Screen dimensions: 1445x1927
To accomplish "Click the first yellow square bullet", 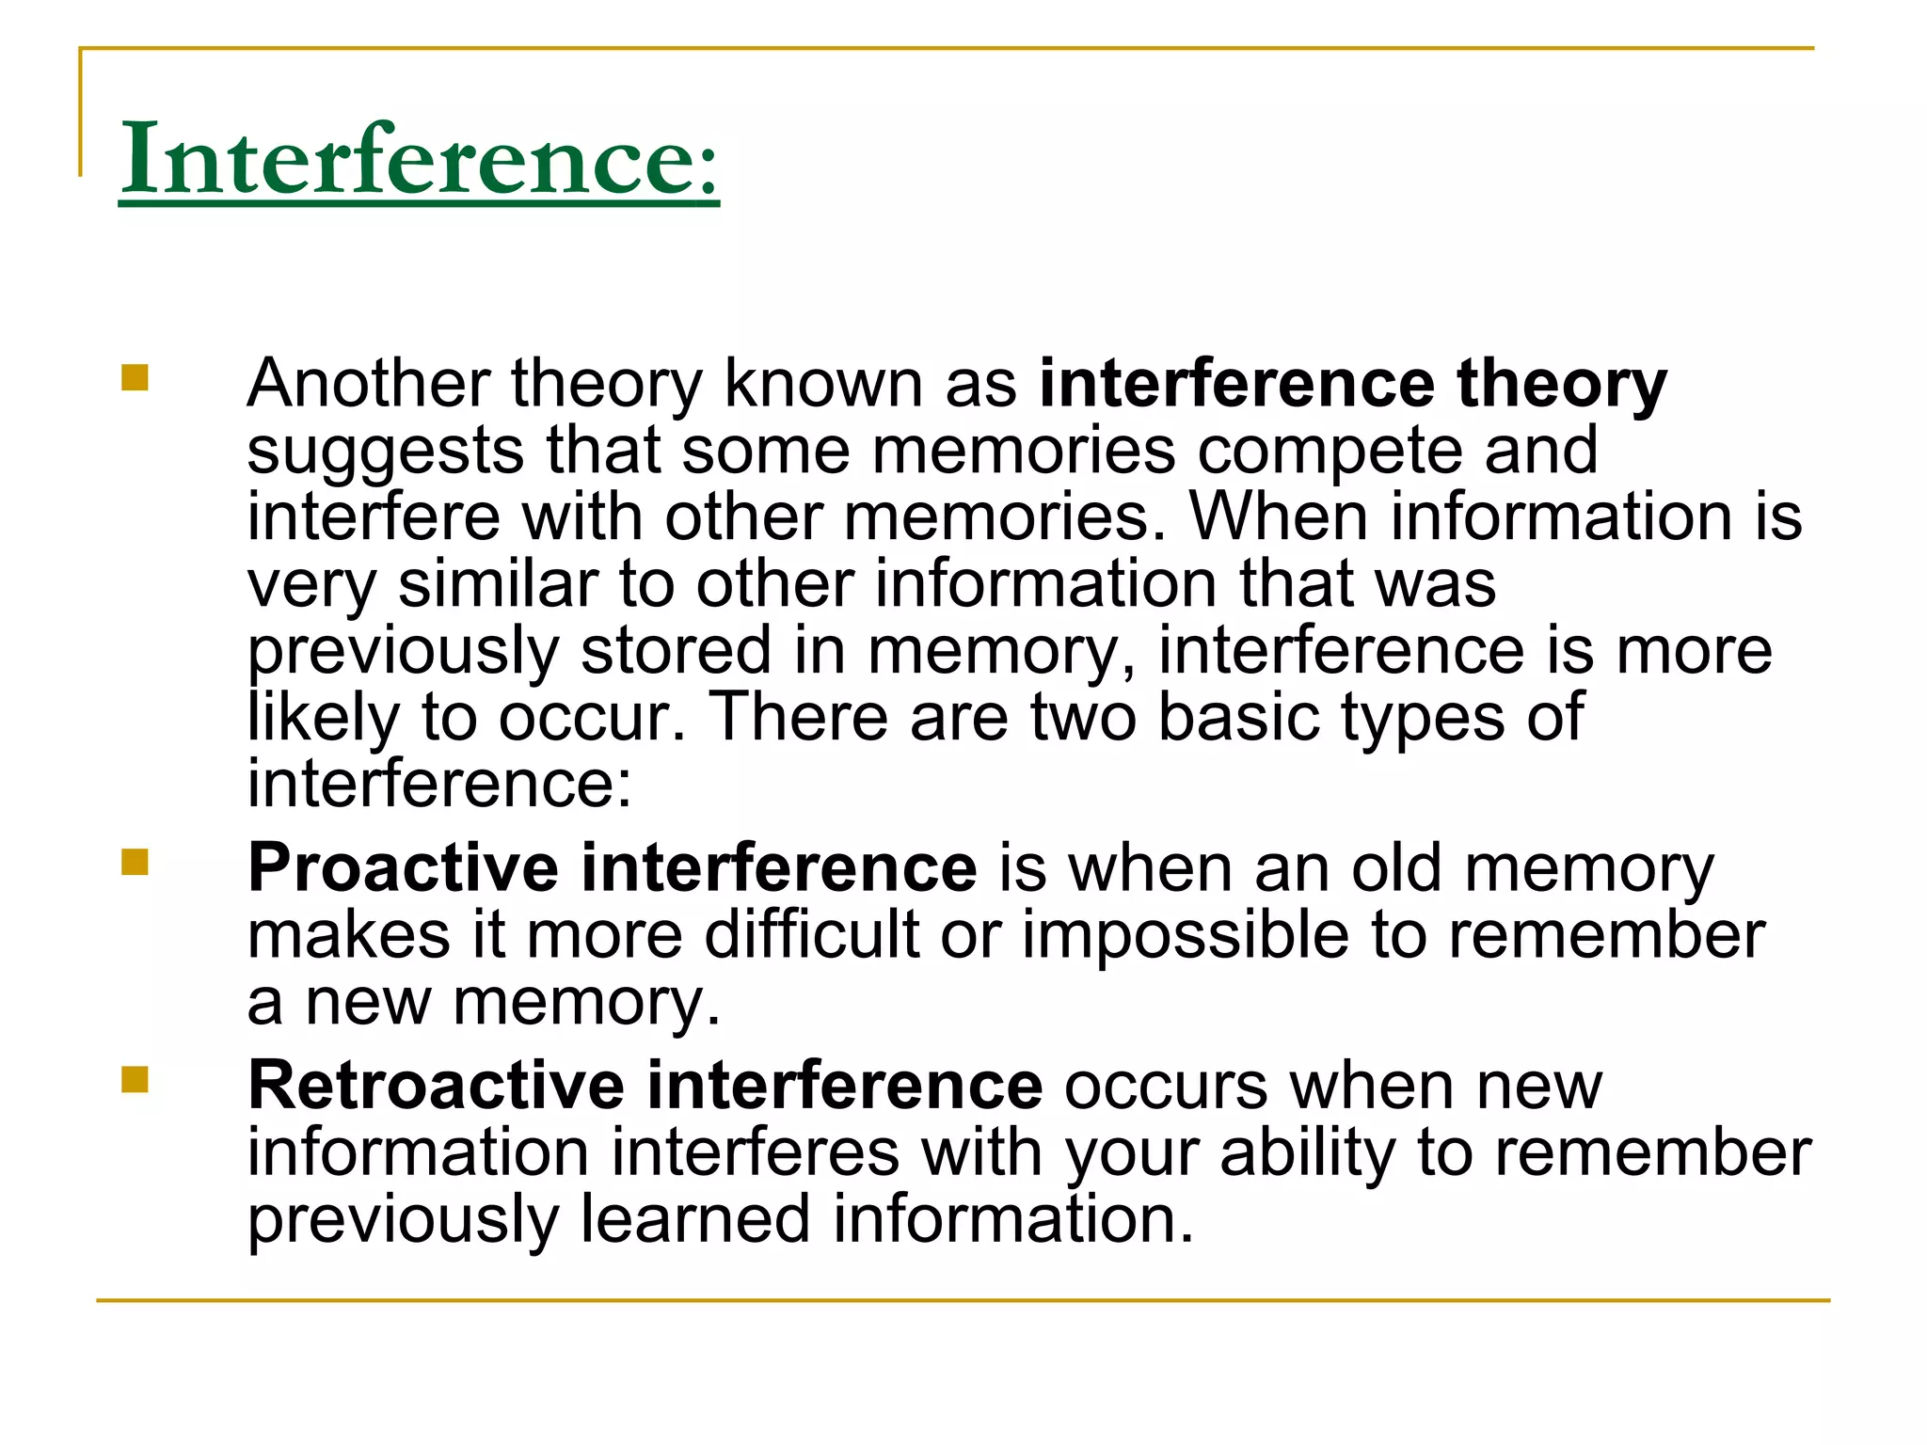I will pos(135,377).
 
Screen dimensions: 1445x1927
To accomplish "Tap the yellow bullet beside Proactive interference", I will pos(135,862).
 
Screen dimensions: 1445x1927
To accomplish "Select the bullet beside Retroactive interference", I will pos(135,1080).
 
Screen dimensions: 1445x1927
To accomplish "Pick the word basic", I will pos(1237,717).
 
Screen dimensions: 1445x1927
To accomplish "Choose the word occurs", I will pos(1166,1086).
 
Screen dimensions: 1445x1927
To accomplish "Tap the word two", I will pos(1082,717).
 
